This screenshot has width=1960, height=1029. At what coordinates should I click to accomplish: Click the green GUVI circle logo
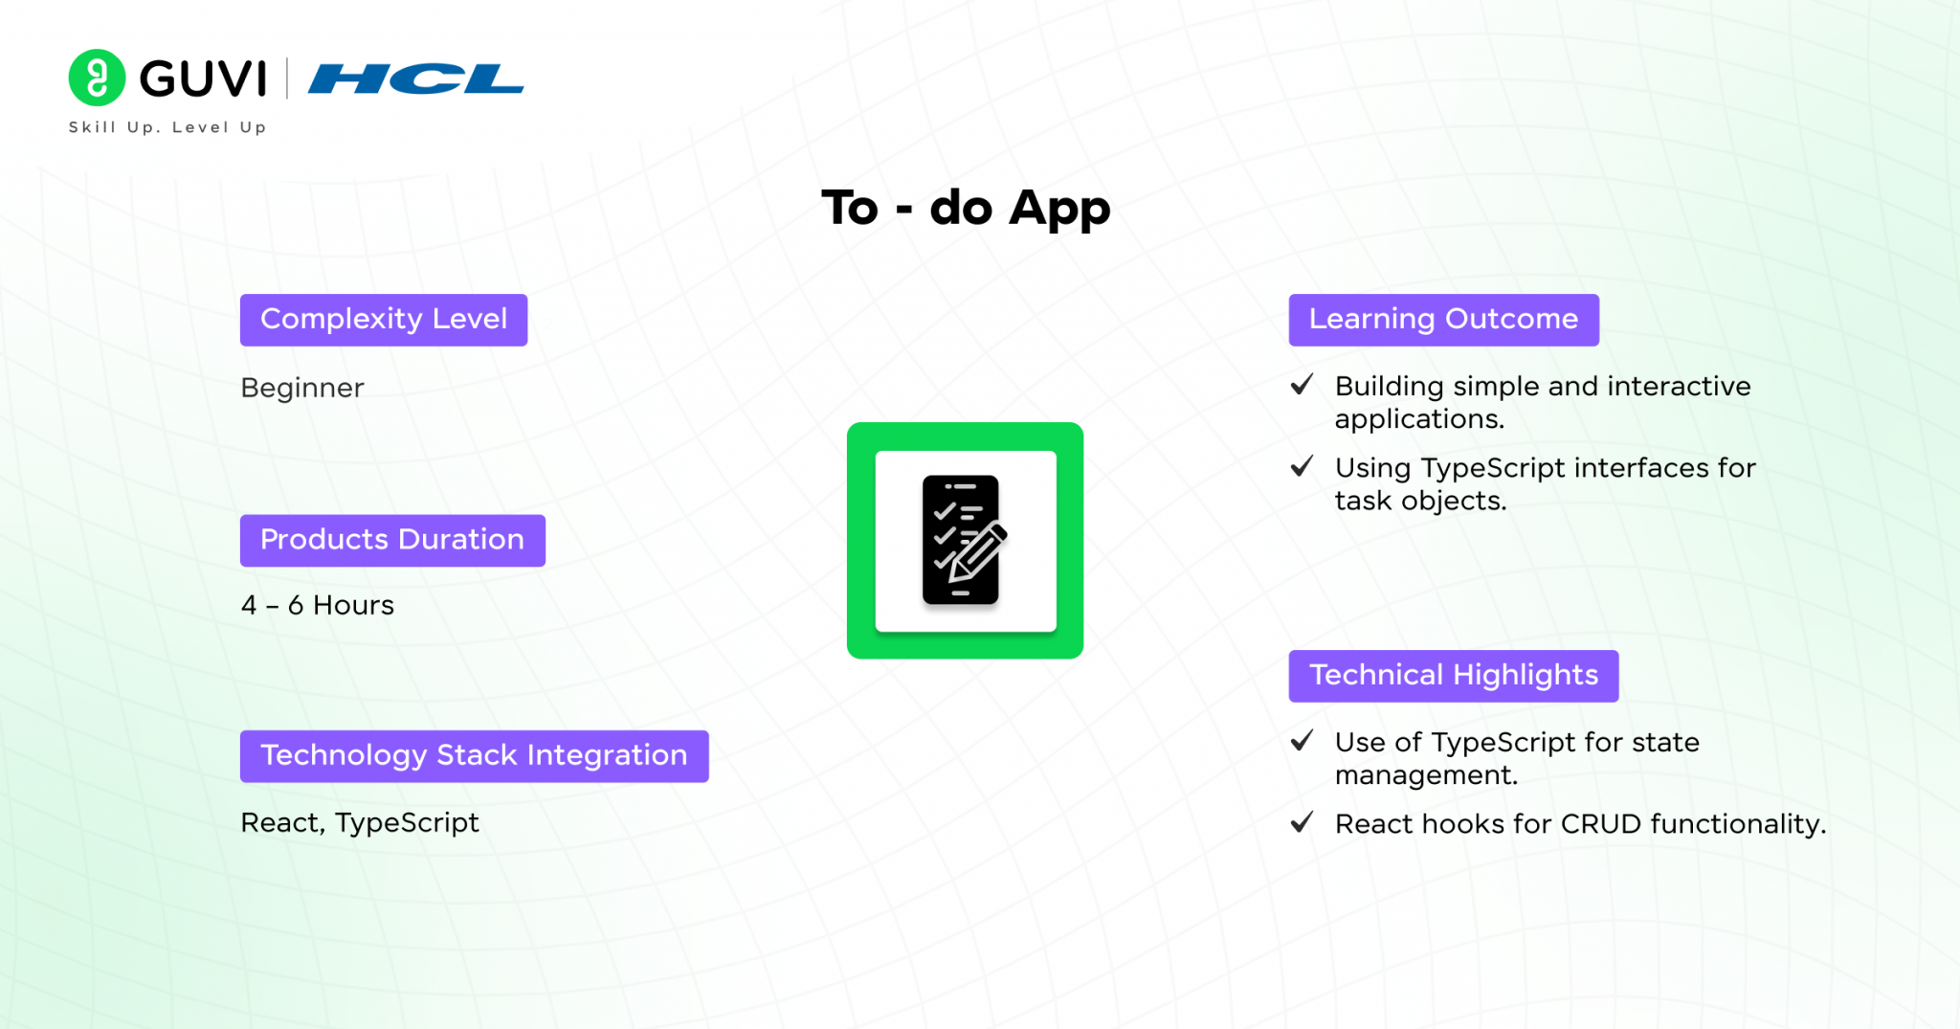(x=97, y=78)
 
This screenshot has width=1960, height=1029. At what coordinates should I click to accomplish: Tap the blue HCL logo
(x=415, y=78)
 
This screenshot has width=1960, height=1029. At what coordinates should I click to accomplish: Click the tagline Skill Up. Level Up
(x=167, y=127)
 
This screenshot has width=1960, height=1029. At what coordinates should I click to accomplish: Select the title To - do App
(x=966, y=208)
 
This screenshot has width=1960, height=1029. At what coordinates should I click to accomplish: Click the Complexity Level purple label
(x=384, y=320)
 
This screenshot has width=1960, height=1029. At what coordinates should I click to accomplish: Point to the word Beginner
(x=302, y=388)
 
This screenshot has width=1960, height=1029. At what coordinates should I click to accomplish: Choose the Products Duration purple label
(x=392, y=541)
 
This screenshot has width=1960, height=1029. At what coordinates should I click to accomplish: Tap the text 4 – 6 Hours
(x=318, y=605)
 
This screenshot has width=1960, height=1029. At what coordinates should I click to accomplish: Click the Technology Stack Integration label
(x=475, y=756)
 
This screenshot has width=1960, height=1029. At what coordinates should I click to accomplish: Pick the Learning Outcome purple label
(x=1444, y=320)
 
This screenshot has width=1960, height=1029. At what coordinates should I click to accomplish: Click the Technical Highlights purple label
(x=1454, y=676)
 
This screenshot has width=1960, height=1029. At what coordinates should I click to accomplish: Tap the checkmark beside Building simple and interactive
(x=1302, y=385)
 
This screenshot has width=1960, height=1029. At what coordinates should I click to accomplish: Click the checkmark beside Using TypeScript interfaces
(x=1302, y=466)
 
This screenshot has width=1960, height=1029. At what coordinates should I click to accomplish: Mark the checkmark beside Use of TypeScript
(x=1302, y=741)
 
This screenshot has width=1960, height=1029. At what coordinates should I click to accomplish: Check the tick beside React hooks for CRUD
(x=1302, y=822)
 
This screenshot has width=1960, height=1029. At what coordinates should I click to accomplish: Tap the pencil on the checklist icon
(x=977, y=553)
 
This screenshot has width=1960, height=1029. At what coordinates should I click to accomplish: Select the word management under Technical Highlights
(x=1426, y=775)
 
